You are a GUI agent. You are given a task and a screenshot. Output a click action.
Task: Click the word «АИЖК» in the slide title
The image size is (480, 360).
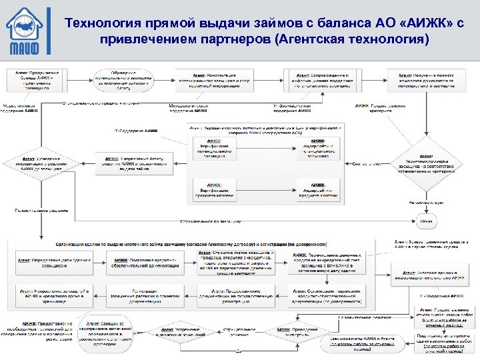[x=409, y=24]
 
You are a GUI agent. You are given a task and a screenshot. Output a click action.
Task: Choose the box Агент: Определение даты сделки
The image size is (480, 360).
[x=51, y=262]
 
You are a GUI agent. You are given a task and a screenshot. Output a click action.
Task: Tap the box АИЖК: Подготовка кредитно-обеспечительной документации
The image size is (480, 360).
[x=144, y=262]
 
